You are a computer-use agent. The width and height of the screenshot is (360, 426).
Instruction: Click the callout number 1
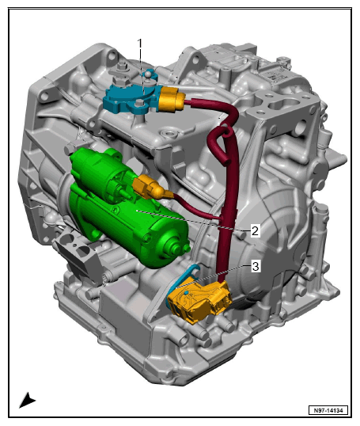[x=140, y=44]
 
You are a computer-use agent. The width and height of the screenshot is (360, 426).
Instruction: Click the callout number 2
[x=255, y=231]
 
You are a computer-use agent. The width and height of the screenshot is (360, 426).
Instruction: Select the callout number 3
[x=256, y=266]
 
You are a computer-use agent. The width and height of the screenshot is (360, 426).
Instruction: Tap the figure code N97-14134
[x=328, y=410]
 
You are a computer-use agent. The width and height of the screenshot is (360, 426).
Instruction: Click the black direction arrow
[x=27, y=401]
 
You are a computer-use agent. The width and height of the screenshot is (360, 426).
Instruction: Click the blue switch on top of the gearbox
[x=131, y=99]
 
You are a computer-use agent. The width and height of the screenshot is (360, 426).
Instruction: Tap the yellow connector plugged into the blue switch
[x=171, y=99]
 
